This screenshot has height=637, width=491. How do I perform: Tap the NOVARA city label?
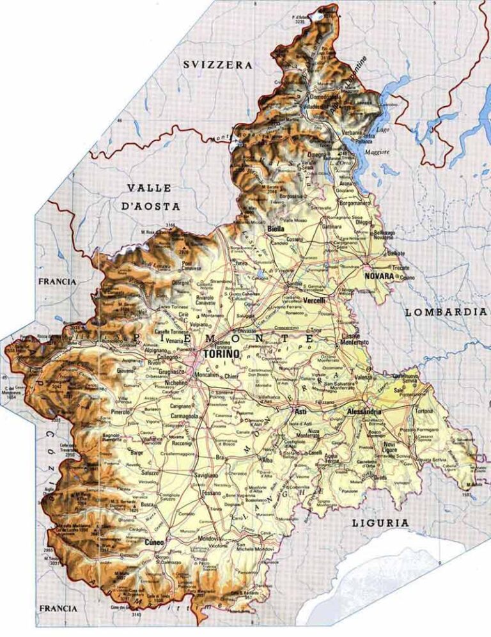point(378,276)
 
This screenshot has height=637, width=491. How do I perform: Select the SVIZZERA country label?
point(217,65)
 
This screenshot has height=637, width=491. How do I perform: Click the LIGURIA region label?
point(380,523)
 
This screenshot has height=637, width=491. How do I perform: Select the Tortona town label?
point(424,411)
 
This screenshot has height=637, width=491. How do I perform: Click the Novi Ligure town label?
point(390,446)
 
